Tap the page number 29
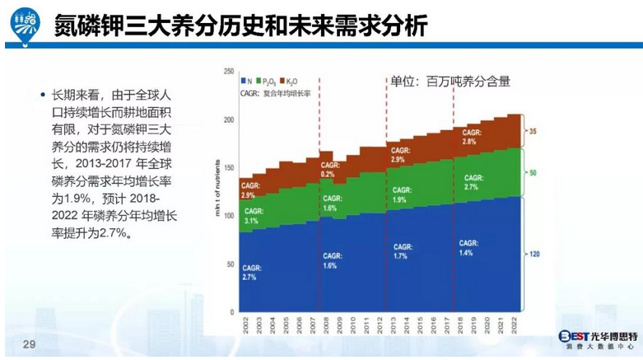[30, 344]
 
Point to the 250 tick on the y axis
[228, 72]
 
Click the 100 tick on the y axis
[228, 216]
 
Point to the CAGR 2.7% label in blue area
[249, 273]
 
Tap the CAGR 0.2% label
[329, 171]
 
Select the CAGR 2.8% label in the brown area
[470, 138]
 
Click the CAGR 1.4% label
[469, 247]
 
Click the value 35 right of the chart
[533, 132]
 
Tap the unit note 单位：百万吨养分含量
[450, 81]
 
